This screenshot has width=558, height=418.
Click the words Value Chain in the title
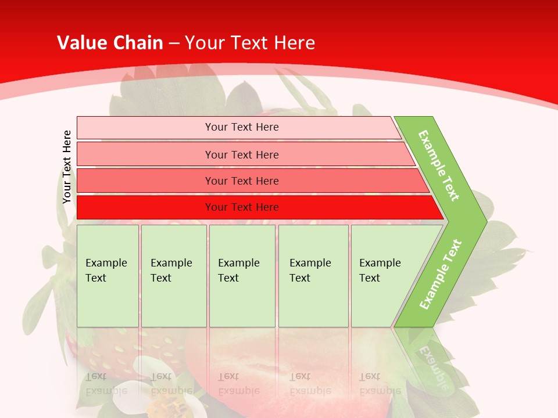coord(110,42)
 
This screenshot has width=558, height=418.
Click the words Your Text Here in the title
coord(250,42)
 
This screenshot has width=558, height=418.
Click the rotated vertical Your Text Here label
coord(67,167)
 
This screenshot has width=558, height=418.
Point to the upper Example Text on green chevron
coord(439,165)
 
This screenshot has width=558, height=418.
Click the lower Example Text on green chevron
coord(441,274)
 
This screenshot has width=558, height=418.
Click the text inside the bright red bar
coord(242,207)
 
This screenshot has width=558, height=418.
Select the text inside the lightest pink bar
coord(242,127)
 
